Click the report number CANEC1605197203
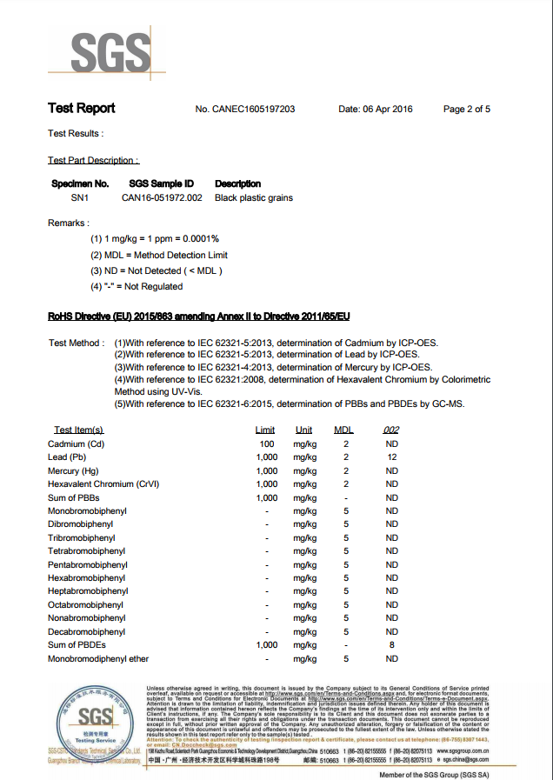pyautogui.click(x=245, y=110)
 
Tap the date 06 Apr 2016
pyautogui.click(x=375, y=110)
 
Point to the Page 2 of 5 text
pyautogui.click(x=467, y=110)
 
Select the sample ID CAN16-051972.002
pyautogui.click(x=162, y=197)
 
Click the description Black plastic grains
pyautogui.click(x=254, y=197)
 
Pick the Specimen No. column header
pyautogui.click(x=81, y=183)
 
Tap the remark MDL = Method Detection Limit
pyautogui.click(x=159, y=255)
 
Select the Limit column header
pyautogui.click(x=265, y=430)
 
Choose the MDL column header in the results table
pyautogui.click(x=344, y=430)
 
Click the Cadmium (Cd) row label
pyautogui.click(x=77, y=443)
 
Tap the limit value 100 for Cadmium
pyautogui.click(x=266, y=443)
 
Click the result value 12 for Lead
pyautogui.click(x=392, y=457)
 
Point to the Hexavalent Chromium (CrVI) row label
pyautogui.click(x=103, y=483)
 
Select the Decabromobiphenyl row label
pyautogui.click(x=86, y=631)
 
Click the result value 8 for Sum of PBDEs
pyautogui.click(x=392, y=645)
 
